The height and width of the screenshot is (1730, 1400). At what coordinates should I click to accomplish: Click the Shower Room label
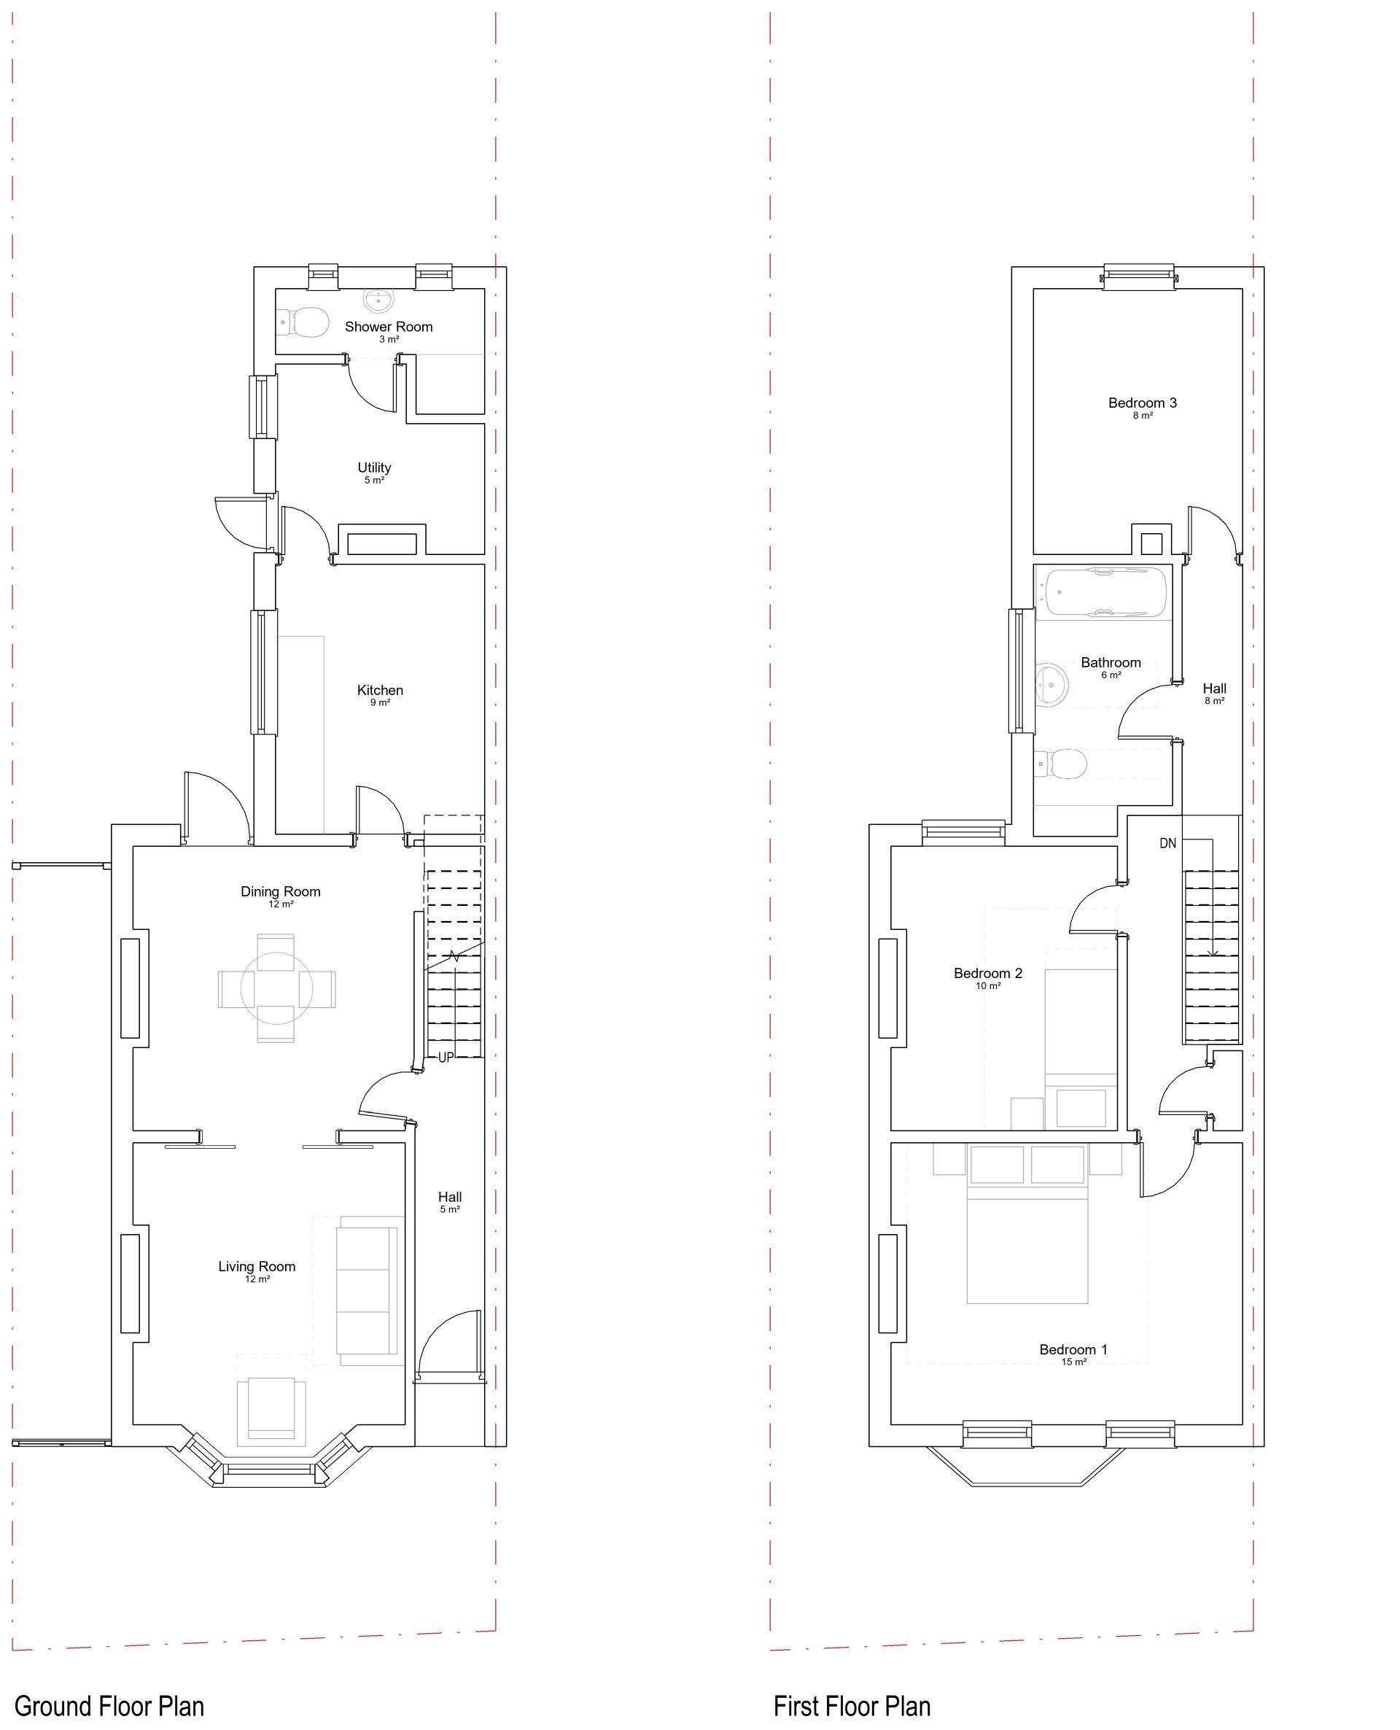point(389,327)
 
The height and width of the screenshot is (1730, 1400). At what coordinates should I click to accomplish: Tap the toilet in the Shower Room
point(303,322)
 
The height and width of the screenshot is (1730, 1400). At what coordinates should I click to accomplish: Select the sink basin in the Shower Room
point(379,300)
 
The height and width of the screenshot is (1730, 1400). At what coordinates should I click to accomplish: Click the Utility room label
point(374,467)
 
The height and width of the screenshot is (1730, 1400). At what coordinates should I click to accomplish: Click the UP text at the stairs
point(446,1058)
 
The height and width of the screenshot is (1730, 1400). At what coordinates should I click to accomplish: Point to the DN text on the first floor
point(1167,844)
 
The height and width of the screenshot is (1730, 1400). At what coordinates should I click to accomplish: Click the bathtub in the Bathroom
point(1104,593)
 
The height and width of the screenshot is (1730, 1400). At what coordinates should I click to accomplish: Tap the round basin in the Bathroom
point(1051,685)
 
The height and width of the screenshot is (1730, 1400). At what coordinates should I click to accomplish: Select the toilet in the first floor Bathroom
point(1060,763)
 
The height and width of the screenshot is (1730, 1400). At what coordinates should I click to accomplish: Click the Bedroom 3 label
point(1142,403)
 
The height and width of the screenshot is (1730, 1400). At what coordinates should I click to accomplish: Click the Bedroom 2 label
point(988,973)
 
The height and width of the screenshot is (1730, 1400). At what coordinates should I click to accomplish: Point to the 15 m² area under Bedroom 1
point(1073,1362)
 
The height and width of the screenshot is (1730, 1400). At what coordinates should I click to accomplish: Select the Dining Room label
point(281,891)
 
